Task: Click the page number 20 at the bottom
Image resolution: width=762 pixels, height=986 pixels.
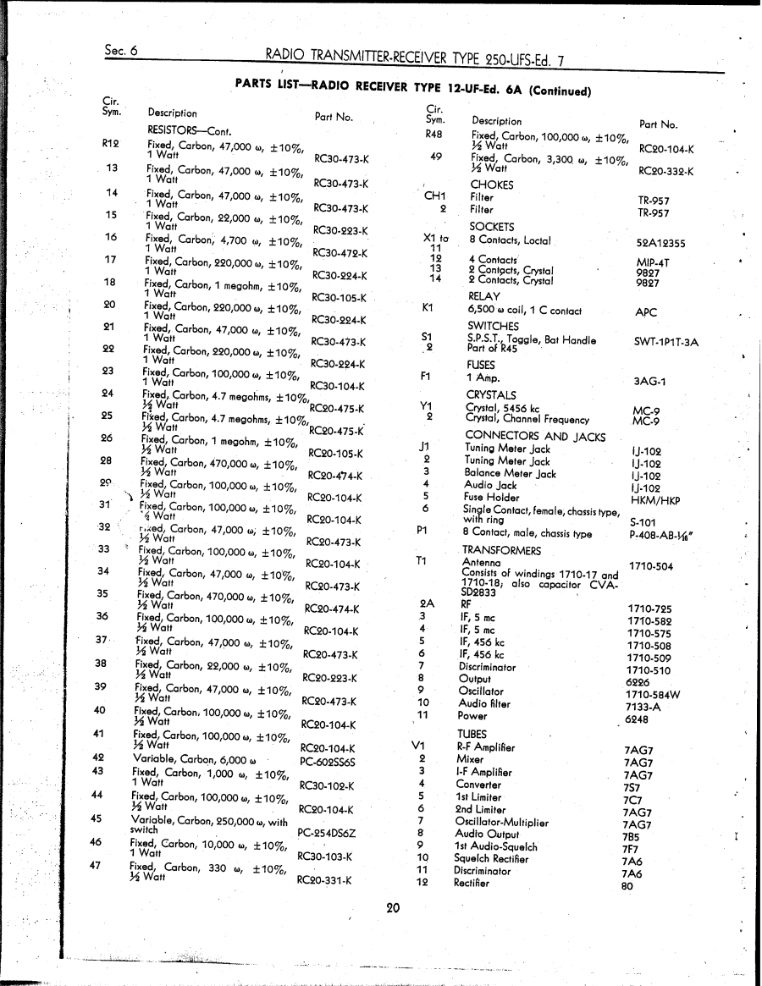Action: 392,908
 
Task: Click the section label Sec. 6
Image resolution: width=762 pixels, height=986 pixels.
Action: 122,50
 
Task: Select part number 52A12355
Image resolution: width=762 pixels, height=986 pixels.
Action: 661,243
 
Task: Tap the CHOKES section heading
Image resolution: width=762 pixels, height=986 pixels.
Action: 492,185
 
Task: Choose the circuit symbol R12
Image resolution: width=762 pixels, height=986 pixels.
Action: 110,143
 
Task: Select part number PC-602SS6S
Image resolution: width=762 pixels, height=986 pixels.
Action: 328,762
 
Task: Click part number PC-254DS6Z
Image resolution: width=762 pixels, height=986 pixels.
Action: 327,833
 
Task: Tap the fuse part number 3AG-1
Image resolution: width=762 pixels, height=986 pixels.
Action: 650,381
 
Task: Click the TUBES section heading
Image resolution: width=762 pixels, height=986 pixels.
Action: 472,734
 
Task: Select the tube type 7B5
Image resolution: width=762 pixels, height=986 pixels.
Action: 631,836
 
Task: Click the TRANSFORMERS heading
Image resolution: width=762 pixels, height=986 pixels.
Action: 501,550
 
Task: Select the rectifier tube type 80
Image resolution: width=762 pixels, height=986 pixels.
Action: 627,887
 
